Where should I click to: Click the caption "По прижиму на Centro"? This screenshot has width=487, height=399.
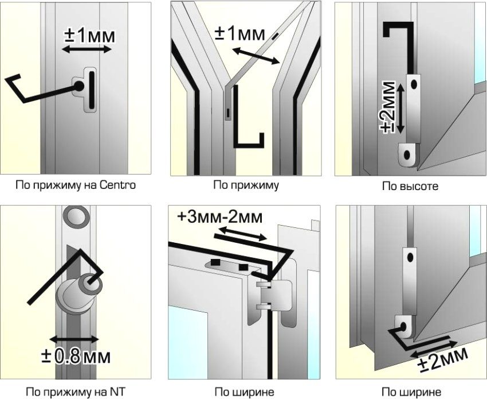pyautogui.click(x=76, y=185)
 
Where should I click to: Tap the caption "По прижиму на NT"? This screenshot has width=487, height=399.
pyautogui.click(x=76, y=392)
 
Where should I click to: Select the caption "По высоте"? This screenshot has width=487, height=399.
pyautogui.click(x=410, y=186)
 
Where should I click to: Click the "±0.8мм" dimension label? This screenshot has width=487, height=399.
pyautogui.click(x=76, y=357)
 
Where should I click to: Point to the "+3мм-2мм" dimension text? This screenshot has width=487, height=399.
pyautogui.click(x=220, y=217)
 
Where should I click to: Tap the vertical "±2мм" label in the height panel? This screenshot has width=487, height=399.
pyautogui.click(x=388, y=107)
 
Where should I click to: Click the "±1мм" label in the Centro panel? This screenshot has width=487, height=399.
pyautogui.click(x=89, y=36)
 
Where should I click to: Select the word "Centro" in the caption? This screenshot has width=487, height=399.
pyautogui.click(x=118, y=185)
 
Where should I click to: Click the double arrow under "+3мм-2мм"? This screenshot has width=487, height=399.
pyautogui.click(x=242, y=234)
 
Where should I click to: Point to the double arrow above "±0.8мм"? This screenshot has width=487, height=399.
pyautogui.click(x=74, y=339)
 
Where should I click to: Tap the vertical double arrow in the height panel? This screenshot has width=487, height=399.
pyautogui.click(x=400, y=108)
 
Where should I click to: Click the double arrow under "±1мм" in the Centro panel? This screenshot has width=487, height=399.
pyautogui.click(x=87, y=49)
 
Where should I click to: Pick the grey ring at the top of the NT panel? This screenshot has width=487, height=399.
pyautogui.click(x=76, y=216)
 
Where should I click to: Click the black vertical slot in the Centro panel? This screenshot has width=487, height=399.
pyautogui.click(x=92, y=90)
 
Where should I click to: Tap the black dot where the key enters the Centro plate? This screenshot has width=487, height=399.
pyautogui.click(x=78, y=86)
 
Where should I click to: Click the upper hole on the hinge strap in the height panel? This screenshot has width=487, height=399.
pyautogui.click(x=414, y=84)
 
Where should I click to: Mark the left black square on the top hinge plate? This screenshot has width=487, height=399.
pyautogui.click(x=214, y=262)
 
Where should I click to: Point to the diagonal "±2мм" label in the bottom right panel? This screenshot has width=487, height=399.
pyautogui.click(x=442, y=359)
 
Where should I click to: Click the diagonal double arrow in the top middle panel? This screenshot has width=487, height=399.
pyautogui.click(x=257, y=56)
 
